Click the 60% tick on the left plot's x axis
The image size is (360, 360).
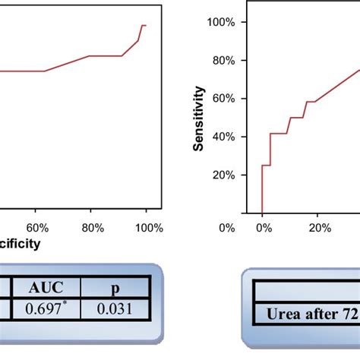tap(37, 227)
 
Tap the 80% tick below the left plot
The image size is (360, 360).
tap(93, 227)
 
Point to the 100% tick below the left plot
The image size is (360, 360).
tap(149, 227)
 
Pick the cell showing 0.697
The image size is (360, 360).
tap(47, 308)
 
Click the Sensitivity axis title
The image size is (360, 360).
tap(199, 118)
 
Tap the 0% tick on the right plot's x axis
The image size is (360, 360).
tap(262, 227)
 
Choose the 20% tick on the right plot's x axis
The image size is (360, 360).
tap(319, 227)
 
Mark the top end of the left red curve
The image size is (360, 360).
tap(144, 26)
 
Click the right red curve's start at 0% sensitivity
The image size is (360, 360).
tap(262, 213)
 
